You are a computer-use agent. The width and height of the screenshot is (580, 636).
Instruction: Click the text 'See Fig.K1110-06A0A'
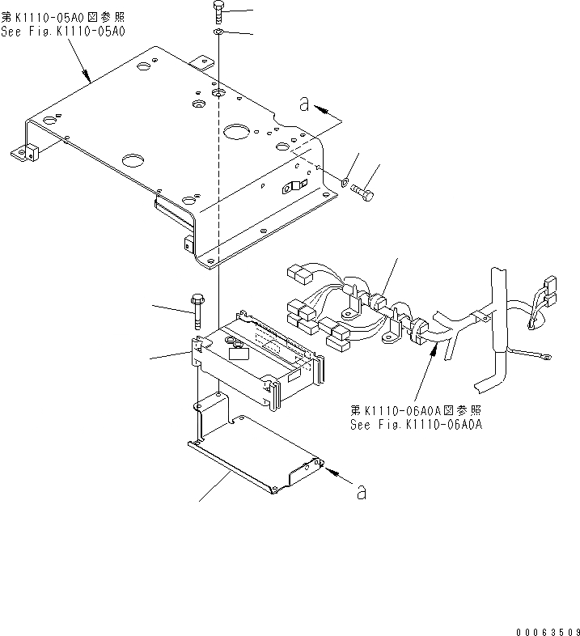point(416,424)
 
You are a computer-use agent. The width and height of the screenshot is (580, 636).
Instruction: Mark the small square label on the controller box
point(238,350)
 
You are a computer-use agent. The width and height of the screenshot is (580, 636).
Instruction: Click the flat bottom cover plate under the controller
point(255,457)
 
